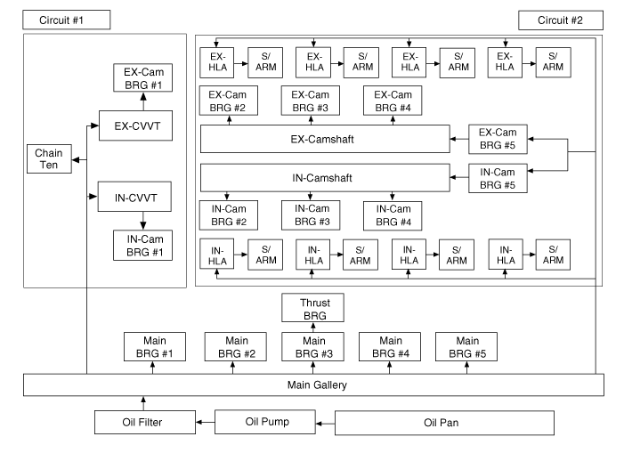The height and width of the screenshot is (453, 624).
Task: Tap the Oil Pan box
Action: (x=443, y=422)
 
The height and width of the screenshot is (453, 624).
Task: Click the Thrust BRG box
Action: (x=312, y=308)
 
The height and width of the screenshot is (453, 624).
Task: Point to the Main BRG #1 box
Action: (x=154, y=346)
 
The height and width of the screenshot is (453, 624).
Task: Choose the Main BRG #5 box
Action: (x=466, y=346)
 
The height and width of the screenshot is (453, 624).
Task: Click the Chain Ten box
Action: (x=49, y=159)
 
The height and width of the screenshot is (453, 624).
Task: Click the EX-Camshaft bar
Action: (x=325, y=139)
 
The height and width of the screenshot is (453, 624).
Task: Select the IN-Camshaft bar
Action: (x=325, y=178)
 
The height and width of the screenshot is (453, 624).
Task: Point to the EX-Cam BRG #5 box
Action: (x=498, y=139)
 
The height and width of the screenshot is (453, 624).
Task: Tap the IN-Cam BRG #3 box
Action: (x=312, y=214)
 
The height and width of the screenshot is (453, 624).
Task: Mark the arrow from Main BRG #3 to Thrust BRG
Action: (x=312, y=327)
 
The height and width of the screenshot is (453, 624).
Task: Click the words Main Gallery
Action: (x=312, y=384)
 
